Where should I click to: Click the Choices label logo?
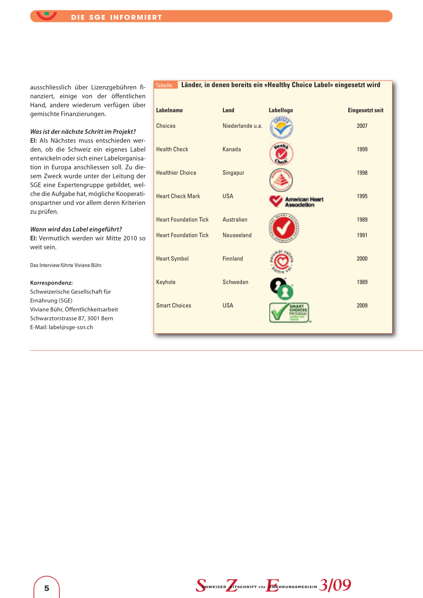point(281,127)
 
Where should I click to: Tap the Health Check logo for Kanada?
point(281,154)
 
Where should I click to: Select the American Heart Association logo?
point(296,202)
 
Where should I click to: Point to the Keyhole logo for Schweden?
point(282,288)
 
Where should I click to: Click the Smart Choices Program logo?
point(289,313)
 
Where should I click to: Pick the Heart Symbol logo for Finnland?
point(282,261)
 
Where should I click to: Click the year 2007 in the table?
point(362,126)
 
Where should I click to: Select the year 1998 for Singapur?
point(362,173)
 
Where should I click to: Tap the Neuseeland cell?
point(237,235)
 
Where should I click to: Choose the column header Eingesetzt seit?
point(366,110)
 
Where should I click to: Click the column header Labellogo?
point(280,110)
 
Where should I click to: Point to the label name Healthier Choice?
point(176,173)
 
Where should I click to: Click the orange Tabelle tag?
point(164,85)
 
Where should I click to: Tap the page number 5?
point(47,588)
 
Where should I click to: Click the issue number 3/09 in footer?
point(335,585)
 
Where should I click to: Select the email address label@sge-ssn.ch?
point(71,327)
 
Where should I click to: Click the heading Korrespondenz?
point(51,283)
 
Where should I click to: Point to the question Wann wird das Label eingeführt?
point(76,229)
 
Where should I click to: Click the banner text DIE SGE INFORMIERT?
point(116,17)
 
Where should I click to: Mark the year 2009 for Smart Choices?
point(362,306)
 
